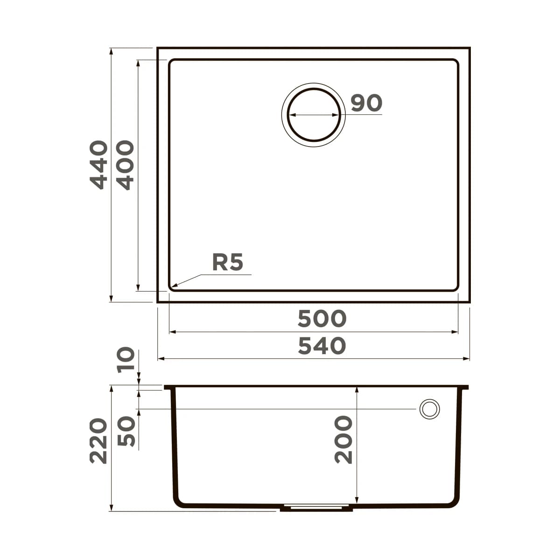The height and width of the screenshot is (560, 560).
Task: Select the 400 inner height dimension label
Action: click(125, 166)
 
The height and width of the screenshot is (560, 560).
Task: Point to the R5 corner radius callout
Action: click(228, 262)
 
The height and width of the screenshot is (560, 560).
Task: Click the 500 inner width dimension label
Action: click(322, 319)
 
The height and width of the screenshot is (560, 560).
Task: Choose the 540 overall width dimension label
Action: click(322, 346)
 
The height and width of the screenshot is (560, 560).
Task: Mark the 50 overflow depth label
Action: click(126, 431)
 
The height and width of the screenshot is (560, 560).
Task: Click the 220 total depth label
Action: click(98, 441)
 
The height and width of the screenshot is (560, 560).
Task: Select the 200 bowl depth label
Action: click(344, 439)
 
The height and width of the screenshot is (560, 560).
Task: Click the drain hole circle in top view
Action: click(313, 114)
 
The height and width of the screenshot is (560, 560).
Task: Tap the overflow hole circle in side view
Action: click(429, 409)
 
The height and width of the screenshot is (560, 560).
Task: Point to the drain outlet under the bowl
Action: click(316, 508)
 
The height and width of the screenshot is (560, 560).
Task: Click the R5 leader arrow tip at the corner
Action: click(173, 286)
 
